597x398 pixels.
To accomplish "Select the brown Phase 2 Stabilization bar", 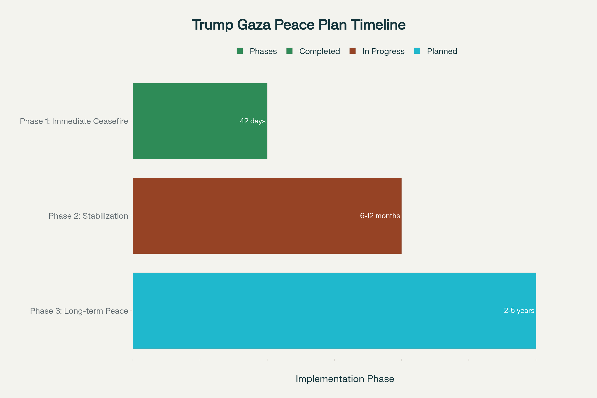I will [x=254, y=216].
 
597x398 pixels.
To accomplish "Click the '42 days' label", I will [x=252, y=121].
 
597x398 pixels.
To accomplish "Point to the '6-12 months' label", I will [x=380, y=216].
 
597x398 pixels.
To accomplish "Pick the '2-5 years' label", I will [x=519, y=310].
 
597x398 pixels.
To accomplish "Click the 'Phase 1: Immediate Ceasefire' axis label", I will [x=74, y=121].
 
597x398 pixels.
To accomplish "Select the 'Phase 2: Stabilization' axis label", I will [x=88, y=216].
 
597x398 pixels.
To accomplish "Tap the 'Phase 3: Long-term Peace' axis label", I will [x=79, y=311].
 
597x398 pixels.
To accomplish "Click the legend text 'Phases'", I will [x=263, y=51].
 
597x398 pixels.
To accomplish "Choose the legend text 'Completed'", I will [x=319, y=51].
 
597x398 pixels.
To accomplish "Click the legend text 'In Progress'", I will [x=383, y=51].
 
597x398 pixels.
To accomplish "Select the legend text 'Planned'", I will [x=442, y=51].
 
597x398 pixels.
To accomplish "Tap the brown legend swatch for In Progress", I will [x=352, y=51].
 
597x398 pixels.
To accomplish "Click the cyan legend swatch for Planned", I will [x=417, y=51].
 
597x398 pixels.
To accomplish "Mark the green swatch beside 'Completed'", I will [x=289, y=51].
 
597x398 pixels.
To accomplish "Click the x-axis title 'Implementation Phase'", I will [x=345, y=379].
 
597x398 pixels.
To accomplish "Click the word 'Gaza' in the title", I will [x=253, y=25].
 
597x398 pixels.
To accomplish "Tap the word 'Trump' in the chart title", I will [x=212, y=25].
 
